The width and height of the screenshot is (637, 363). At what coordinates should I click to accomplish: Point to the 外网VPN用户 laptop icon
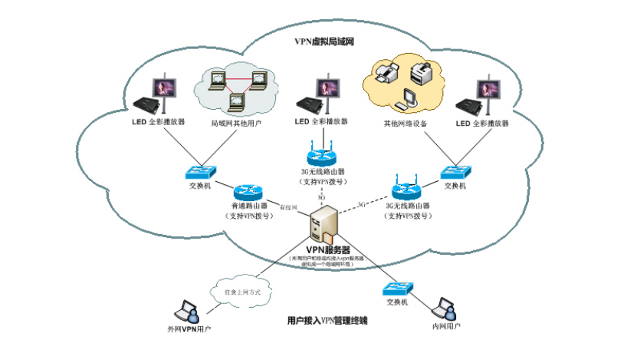coord(188,311)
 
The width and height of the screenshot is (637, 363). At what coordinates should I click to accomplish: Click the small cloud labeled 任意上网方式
coord(238,291)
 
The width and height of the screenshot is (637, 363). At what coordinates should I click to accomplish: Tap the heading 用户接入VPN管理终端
coord(327,320)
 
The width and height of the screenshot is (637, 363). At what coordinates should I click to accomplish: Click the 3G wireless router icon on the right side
coord(406,190)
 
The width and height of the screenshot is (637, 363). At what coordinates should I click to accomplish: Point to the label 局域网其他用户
coord(235,122)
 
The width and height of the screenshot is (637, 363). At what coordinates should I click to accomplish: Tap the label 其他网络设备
coord(406,123)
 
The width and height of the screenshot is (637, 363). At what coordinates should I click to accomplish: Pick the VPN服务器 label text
coord(328,250)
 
